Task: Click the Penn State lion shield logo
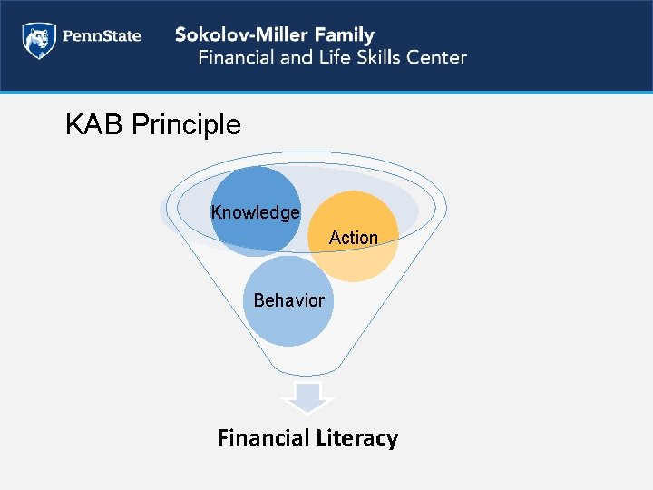pos(37,41)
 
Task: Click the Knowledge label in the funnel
pos(255,212)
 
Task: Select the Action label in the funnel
pos(354,238)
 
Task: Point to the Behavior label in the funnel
pos(288,299)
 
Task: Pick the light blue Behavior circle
pos(288,322)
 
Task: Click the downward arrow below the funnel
pos(308,398)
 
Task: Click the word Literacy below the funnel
pos(356,438)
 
